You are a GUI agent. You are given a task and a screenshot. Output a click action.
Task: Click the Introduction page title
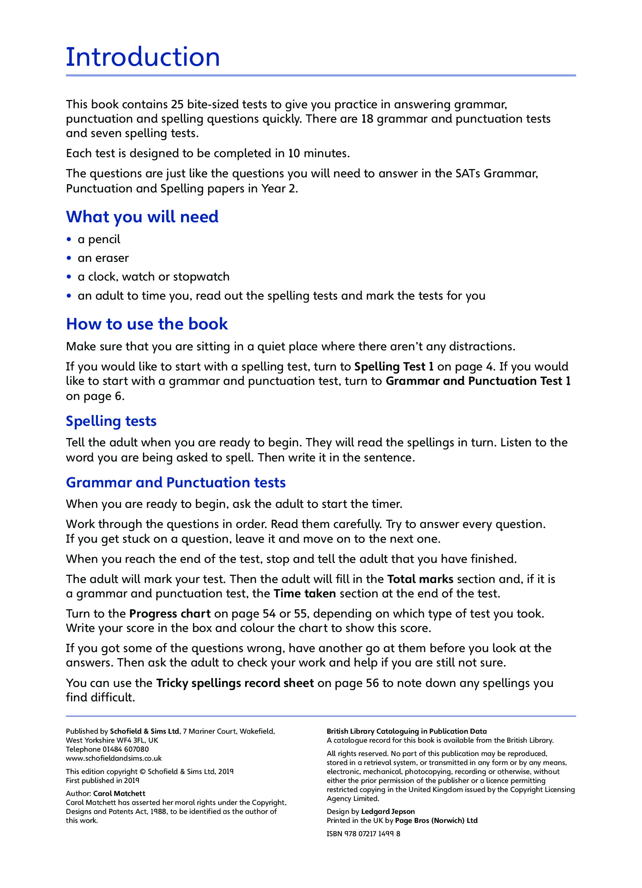(143, 57)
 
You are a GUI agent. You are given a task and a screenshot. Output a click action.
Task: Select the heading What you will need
(142, 217)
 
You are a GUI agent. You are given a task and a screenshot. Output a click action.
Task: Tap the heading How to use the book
(147, 324)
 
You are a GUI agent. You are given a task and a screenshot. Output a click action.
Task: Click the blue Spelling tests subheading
(111, 421)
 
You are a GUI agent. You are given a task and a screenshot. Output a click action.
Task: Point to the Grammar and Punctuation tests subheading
(176, 483)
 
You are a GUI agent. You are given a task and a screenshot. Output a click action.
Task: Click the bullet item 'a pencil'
(99, 239)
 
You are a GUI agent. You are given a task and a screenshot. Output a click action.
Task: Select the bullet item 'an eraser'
(103, 258)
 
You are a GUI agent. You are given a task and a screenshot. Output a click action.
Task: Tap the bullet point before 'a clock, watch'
(69, 277)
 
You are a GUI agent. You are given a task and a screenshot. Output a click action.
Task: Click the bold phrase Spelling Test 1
(394, 366)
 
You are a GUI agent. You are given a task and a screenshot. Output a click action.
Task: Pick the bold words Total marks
(420, 579)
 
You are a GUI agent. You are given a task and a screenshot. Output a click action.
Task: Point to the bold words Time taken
(305, 593)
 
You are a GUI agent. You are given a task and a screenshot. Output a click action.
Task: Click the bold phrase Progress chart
(170, 614)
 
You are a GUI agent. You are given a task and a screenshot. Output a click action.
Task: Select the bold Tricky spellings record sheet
(235, 683)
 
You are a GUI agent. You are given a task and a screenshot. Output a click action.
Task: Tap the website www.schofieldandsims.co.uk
(114, 759)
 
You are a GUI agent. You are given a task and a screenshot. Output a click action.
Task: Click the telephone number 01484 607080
(125, 750)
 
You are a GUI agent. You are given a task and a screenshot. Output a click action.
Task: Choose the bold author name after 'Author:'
(119, 794)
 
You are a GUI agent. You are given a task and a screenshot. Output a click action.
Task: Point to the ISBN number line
(363, 834)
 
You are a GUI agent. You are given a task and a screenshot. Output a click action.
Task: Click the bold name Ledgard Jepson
(388, 812)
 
